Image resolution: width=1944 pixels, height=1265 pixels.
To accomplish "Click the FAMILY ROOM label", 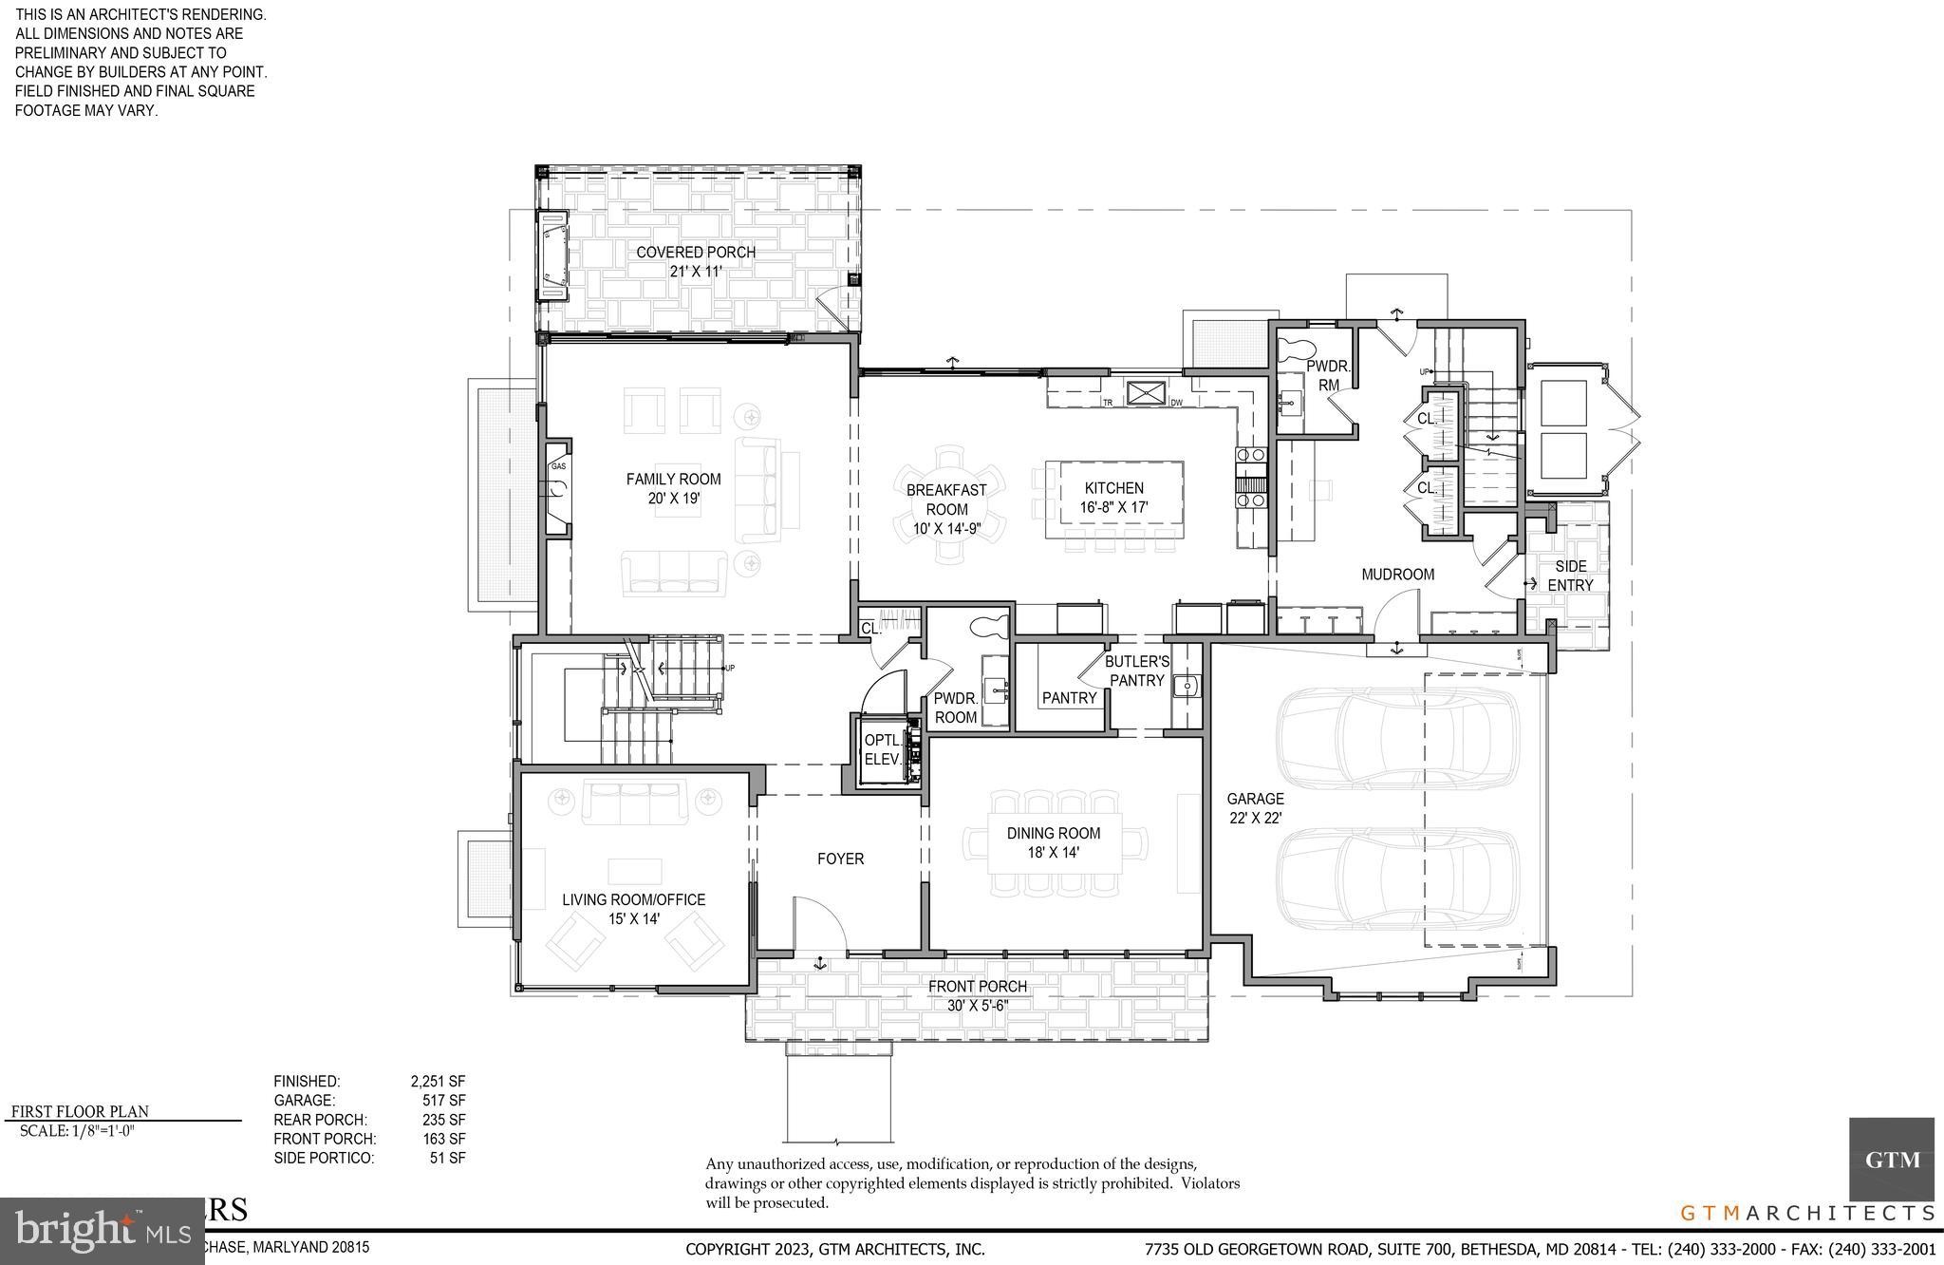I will pyautogui.click(x=673, y=488).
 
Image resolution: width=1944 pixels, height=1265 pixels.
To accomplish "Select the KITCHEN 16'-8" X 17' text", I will pyautogui.click(x=1113, y=498).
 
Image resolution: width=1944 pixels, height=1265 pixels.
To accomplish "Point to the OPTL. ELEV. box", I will pyautogui.click(x=882, y=750).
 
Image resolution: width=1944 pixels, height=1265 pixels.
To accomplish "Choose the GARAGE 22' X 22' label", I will pyautogui.click(x=1255, y=808).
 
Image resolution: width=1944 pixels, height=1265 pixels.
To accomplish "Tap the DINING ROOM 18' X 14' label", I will pyautogui.click(x=1054, y=842).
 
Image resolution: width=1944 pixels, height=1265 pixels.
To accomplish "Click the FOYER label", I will pyautogui.click(x=840, y=859).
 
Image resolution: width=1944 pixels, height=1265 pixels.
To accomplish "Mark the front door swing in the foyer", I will pyautogui.click(x=819, y=921).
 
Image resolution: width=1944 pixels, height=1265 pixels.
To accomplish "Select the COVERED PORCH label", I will pyautogui.click(x=696, y=261).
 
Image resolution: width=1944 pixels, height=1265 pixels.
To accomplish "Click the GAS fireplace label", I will pyautogui.click(x=559, y=466).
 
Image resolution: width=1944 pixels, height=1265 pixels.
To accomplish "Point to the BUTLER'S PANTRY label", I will pyautogui.click(x=1137, y=670).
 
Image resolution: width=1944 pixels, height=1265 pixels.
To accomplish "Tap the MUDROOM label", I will pyautogui.click(x=1397, y=574).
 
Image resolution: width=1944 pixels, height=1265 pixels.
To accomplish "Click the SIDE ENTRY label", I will pyautogui.click(x=1570, y=576).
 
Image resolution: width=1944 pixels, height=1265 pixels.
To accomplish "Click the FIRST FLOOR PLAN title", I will pyautogui.click(x=80, y=1111).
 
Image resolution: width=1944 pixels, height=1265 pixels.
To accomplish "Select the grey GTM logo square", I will pyautogui.click(x=1891, y=1159).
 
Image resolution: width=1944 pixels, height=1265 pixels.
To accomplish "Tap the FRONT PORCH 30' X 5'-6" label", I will pyautogui.click(x=978, y=995).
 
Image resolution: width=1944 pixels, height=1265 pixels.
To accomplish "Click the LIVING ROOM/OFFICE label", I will pyautogui.click(x=633, y=909).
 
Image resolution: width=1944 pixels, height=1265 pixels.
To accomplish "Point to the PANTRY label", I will pyautogui.click(x=1069, y=698).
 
